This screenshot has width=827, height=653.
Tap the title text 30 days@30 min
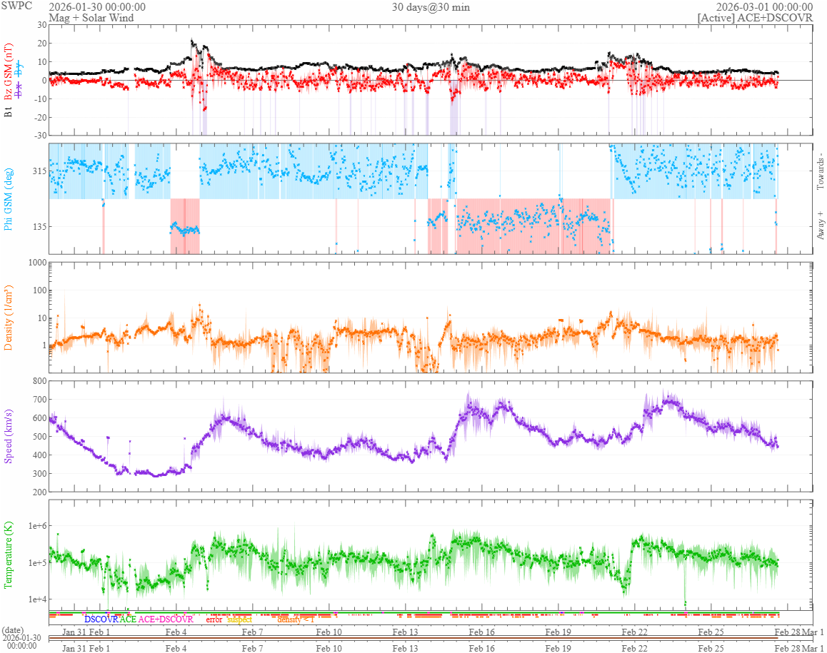pos(431,7)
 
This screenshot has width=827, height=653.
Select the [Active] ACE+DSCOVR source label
pos(755,18)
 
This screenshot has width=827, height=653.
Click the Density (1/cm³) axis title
pos(9,318)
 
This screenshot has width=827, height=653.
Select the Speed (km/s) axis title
pos(9,436)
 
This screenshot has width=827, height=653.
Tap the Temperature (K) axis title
pos(9,555)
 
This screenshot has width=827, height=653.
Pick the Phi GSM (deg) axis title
pos(9,198)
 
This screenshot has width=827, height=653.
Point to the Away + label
pos(820,226)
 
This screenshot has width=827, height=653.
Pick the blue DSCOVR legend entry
pos(101,619)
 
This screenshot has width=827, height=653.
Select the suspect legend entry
pos(239,619)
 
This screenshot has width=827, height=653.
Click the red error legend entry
pos(214,619)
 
